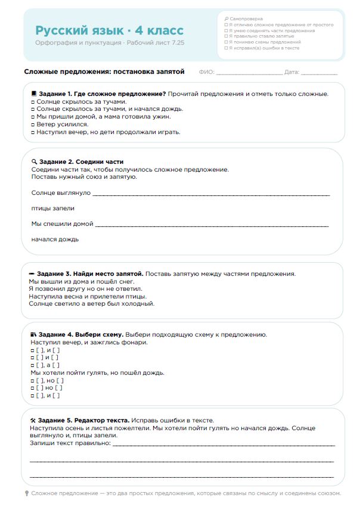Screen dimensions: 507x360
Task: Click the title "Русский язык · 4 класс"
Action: (x=109, y=30)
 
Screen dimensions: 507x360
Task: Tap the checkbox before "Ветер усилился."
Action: (x=33, y=125)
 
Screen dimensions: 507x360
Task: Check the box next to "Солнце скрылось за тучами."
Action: (x=33, y=102)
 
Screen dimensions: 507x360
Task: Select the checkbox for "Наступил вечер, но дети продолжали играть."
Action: (x=33, y=132)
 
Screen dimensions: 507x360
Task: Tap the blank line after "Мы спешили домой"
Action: (x=212, y=225)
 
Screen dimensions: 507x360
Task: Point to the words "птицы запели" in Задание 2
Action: (x=53, y=208)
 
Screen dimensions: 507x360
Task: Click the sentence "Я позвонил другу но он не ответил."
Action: (x=86, y=288)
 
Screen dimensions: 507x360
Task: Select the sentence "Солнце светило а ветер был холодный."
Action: (x=91, y=303)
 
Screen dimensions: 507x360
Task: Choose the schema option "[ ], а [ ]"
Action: (x=47, y=365)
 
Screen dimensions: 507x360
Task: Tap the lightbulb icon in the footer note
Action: (x=27, y=493)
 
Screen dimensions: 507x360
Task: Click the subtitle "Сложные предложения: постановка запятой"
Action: (x=104, y=71)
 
